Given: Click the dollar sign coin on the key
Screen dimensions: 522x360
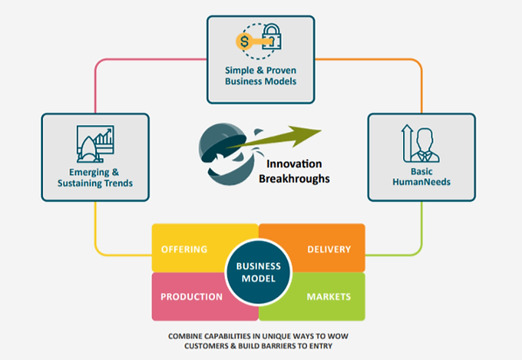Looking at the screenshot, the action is pyautogui.click(x=244, y=42).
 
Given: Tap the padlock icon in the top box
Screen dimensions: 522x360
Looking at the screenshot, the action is pyautogui.click(x=272, y=37).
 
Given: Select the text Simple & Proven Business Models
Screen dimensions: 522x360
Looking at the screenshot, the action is pyautogui.click(x=261, y=76).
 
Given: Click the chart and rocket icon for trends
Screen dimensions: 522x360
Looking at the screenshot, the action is pyautogui.click(x=95, y=143).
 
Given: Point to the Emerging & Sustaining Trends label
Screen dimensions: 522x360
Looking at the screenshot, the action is pyautogui.click(x=95, y=177).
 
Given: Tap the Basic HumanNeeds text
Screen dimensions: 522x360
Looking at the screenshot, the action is pyautogui.click(x=421, y=177).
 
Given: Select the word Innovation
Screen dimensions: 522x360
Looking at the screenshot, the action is pyautogui.click(x=294, y=163).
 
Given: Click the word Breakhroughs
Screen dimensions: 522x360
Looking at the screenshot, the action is pyautogui.click(x=295, y=178).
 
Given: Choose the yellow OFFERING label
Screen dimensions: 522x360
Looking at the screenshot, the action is pyautogui.click(x=184, y=249).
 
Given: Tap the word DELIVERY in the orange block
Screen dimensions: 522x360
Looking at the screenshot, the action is pyautogui.click(x=329, y=249).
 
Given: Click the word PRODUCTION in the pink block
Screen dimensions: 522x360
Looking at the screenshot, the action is pyautogui.click(x=191, y=296).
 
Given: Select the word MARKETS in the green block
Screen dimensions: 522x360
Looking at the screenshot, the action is pyautogui.click(x=329, y=296).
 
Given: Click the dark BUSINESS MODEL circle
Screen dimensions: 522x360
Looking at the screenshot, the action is pyautogui.click(x=258, y=272).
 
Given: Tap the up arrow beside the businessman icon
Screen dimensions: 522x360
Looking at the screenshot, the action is pyautogui.click(x=407, y=143).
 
